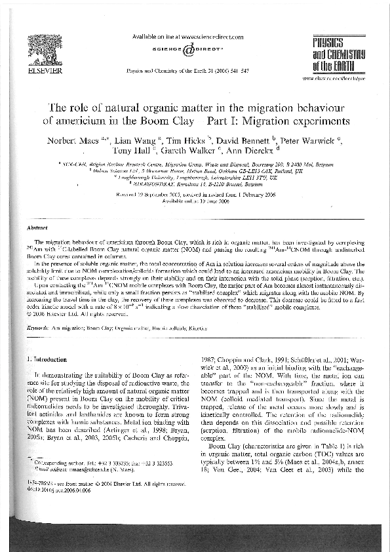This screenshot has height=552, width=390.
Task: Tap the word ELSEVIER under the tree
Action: (x=42, y=69)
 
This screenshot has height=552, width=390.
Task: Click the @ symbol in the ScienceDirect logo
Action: (x=188, y=49)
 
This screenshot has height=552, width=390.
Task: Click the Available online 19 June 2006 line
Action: (x=195, y=203)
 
